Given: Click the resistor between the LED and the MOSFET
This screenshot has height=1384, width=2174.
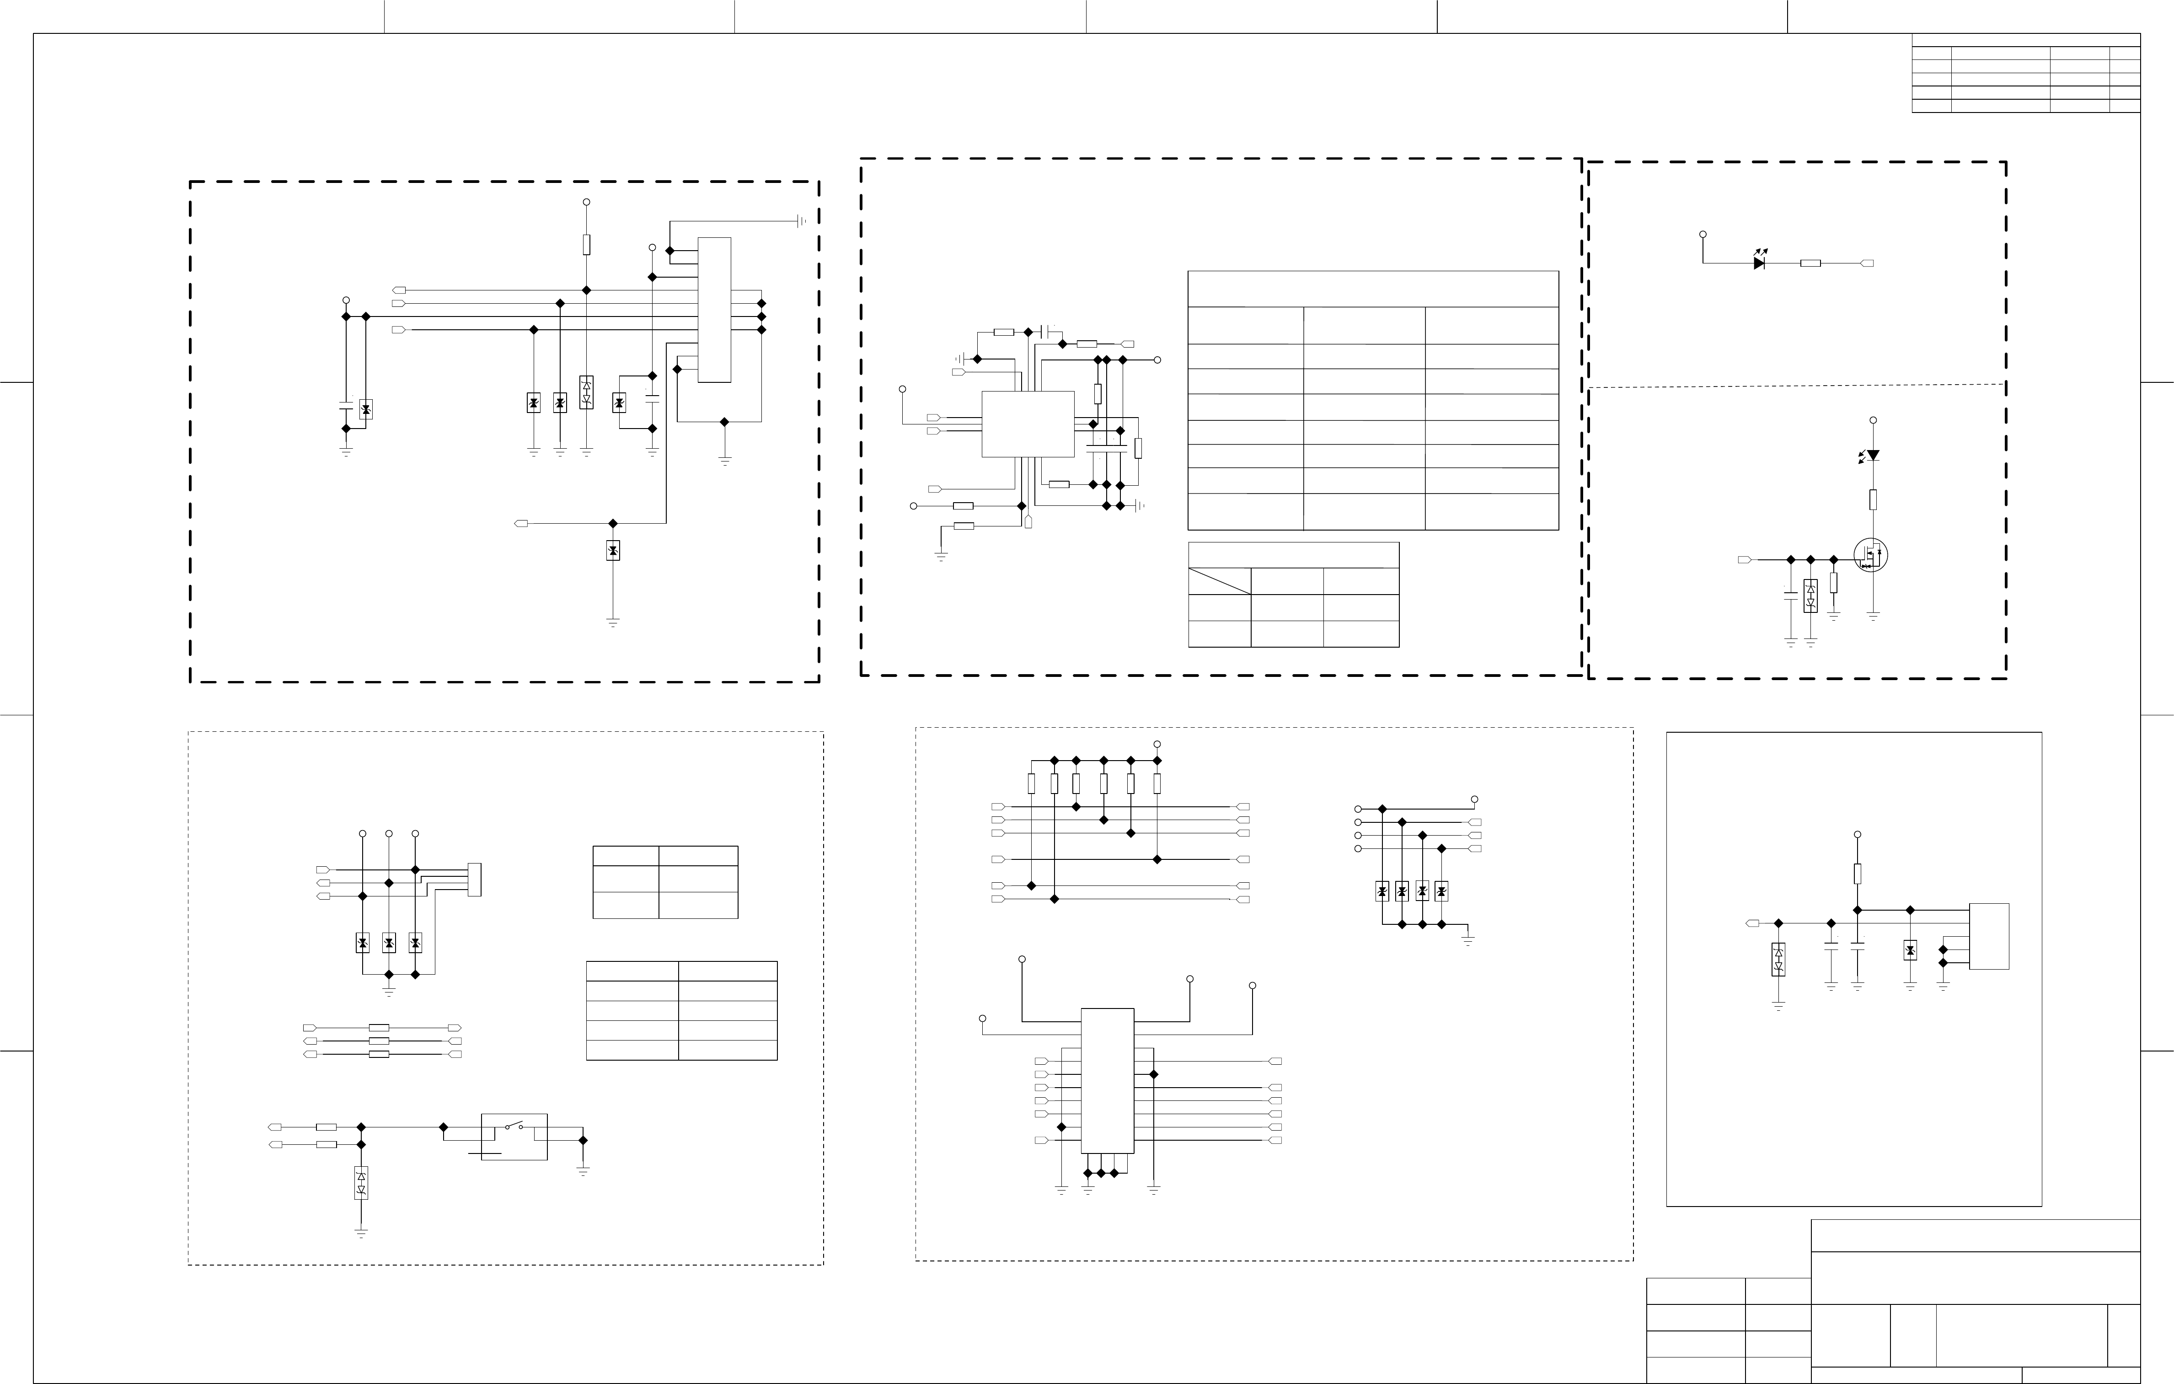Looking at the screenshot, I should click(x=1874, y=499).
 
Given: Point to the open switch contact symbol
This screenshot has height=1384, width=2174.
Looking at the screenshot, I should click(x=514, y=1127).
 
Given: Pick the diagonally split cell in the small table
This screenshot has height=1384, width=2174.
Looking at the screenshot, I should click(x=1219, y=581).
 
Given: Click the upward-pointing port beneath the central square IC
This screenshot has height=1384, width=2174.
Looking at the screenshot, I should click(x=1028, y=522).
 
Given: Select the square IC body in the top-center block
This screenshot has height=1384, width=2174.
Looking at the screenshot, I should click(x=1028, y=424).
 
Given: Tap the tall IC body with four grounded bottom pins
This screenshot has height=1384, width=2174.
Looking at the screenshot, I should click(x=1107, y=1081).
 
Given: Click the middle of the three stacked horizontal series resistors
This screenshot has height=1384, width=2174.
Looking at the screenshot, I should click(x=379, y=1041).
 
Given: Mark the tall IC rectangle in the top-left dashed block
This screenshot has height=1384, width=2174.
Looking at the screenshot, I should click(x=714, y=310).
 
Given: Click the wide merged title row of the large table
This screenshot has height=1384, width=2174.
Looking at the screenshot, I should click(x=1372, y=289).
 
